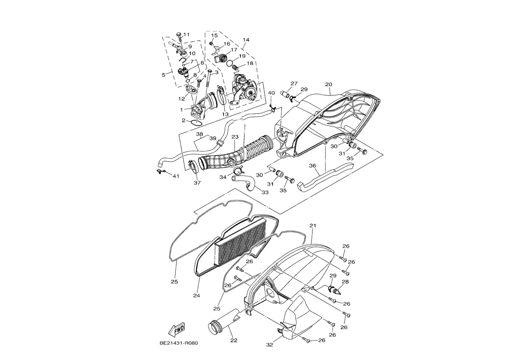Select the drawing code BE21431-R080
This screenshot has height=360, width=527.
point(179,343)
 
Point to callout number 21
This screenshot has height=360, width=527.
point(313,225)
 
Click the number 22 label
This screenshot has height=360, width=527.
point(233,340)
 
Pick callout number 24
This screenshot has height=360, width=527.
point(197,295)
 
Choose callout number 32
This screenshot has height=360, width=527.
point(269,345)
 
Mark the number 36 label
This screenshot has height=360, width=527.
point(313,166)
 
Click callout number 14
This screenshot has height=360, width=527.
point(245,40)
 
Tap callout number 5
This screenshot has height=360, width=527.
point(163,75)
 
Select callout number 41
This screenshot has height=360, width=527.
point(176,176)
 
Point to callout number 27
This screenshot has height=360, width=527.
point(294,83)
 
